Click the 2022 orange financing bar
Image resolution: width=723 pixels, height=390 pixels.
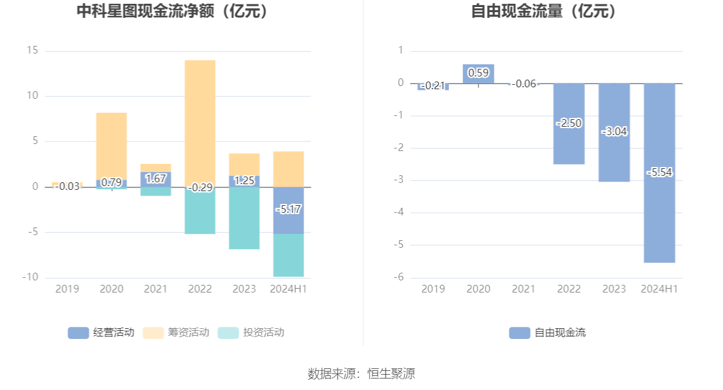pyautogui.click(x=200, y=121)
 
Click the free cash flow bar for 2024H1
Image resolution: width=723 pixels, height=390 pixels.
pyautogui.click(x=659, y=217)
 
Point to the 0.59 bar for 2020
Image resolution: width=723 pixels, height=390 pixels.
pyautogui.click(x=478, y=73)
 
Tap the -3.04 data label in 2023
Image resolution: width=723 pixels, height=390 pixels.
pyautogui.click(x=614, y=132)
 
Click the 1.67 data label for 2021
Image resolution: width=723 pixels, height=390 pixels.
pyautogui.click(x=156, y=179)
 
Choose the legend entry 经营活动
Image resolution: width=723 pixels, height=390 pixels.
pyautogui.click(x=102, y=332)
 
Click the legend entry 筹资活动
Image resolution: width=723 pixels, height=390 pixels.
pyautogui.click(x=177, y=332)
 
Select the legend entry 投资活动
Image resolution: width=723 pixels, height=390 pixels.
pyautogui.click(x=251, y=332)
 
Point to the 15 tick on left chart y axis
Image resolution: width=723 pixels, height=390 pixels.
pyautogui.click(x=32, y=50)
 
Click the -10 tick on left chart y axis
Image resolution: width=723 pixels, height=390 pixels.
pyautogui.click(x=29, y=277)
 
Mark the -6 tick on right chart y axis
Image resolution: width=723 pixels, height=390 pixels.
pyautogui.click(x=399, y=277)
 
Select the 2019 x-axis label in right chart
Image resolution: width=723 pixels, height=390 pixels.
pyautogui.click(x=433, y=289)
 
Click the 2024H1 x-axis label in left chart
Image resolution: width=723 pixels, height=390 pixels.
pyautogui.click(x=288, y=289)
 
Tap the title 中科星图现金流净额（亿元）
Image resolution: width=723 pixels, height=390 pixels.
pyautogui.click(x=172, y=11)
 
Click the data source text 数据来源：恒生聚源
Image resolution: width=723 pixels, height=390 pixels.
pyautogui.click(x=361, y=373)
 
